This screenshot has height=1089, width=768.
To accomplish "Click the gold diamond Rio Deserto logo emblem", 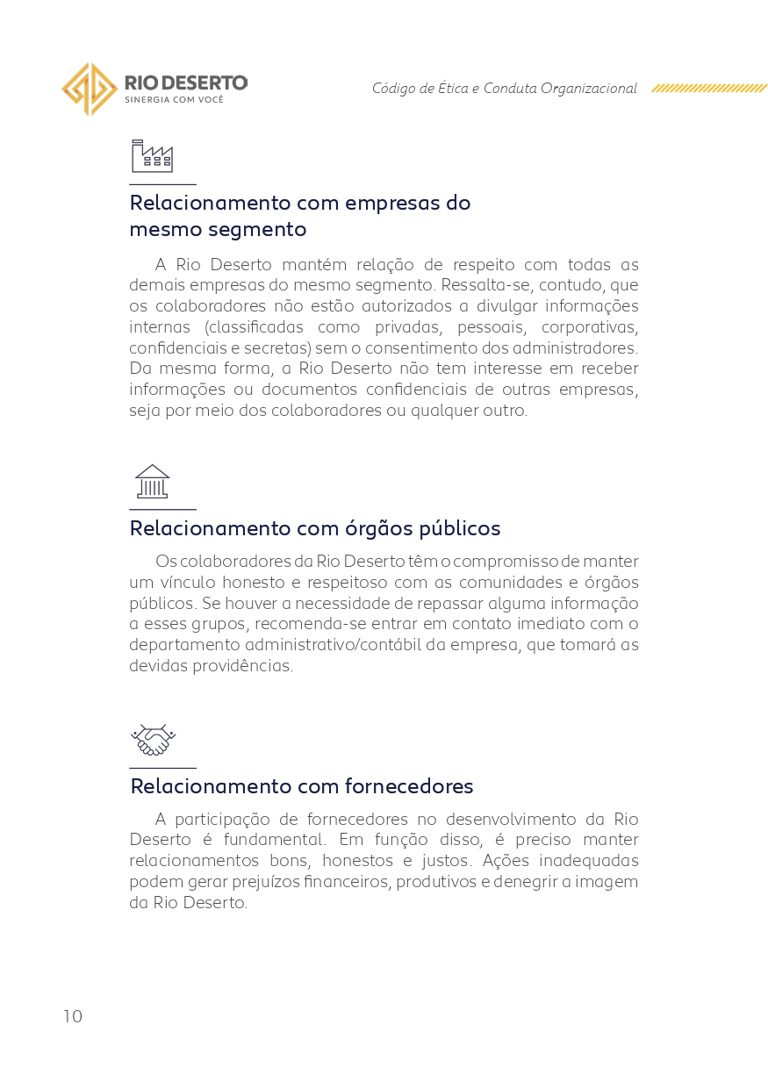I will pos(90,89).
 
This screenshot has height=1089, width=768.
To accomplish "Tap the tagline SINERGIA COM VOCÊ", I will pos(174,100).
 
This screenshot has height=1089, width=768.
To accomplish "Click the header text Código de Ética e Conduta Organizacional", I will pos(504,89).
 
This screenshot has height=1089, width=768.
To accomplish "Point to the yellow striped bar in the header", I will pos(709,89).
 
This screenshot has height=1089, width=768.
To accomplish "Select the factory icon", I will pos(152,156).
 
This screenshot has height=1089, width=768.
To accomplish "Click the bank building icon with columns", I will pos(152,482).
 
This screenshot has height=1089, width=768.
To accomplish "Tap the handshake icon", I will pos(153,741).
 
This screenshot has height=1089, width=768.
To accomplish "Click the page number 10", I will pos(73,1016).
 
